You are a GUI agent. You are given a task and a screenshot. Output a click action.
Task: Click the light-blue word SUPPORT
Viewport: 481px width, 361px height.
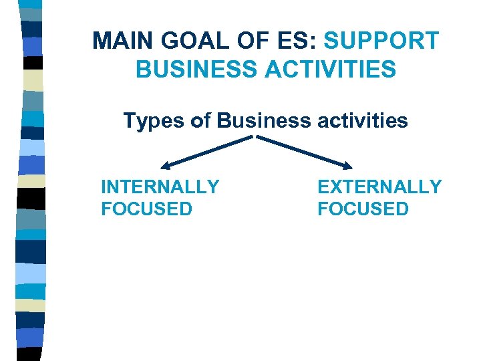[x=381, y=41]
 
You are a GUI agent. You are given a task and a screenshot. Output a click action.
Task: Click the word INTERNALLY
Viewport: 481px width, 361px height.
[x=160, y=187]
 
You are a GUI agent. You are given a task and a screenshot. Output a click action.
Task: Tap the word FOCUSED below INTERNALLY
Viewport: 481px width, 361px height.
[x=146, y=209]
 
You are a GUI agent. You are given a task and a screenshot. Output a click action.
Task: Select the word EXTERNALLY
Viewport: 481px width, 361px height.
[x=379, y=187]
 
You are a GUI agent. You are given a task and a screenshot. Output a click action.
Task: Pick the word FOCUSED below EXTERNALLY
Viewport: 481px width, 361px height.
[x=363, y=209]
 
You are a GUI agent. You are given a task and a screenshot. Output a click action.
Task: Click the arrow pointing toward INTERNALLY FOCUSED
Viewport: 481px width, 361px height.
[x=207, y=151]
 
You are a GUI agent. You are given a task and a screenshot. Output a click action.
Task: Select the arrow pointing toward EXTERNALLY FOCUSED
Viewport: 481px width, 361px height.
[x=305, y=151]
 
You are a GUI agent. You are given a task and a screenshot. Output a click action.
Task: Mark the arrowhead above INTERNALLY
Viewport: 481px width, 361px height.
[x=165, y=165]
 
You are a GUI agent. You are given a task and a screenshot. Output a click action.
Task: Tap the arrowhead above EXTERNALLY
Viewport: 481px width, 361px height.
[x=348, y=165]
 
